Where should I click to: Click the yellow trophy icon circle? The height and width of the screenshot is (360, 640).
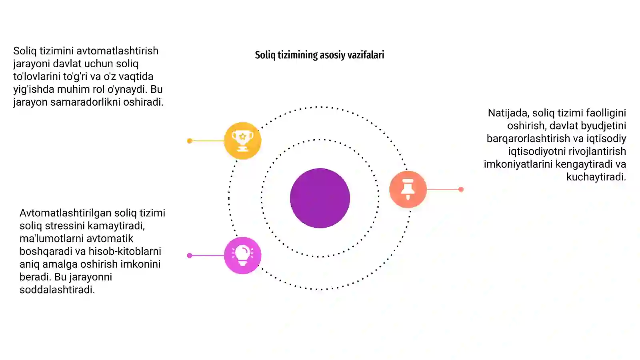point(242,140)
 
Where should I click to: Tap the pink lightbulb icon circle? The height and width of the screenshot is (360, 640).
point(242,256)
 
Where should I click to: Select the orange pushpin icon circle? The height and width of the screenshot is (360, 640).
point(408,189)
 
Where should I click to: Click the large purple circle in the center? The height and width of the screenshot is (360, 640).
point(320,198)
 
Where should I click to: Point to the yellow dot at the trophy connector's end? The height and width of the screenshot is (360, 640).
point(190,141)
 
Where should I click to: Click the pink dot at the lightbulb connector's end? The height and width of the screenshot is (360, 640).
point(190,256)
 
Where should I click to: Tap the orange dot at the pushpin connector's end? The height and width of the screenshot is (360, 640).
point(461,190)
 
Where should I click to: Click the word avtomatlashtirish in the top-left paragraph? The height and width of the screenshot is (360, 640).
point(118,51)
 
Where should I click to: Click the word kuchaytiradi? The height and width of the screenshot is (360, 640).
point(596,177)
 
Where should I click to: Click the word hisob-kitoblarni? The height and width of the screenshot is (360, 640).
point(125,252)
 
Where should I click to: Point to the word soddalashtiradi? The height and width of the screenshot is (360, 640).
point(57,290)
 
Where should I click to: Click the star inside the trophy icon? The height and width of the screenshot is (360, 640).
point(242,136)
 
